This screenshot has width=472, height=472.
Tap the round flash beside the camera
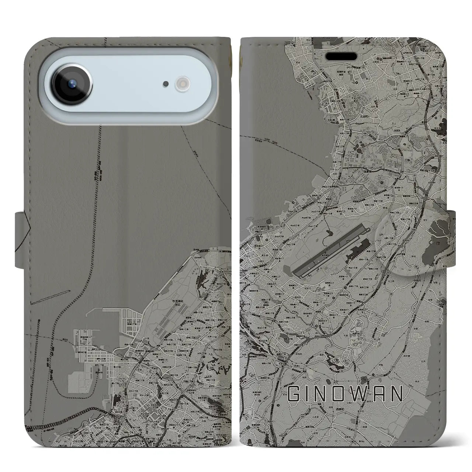pyautogui.click(x=183, y=83)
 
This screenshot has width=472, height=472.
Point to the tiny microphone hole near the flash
pyautogui.click(x=166, y=84)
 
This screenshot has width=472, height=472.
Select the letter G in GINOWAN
pyautogui.click(x=294, y=394)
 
